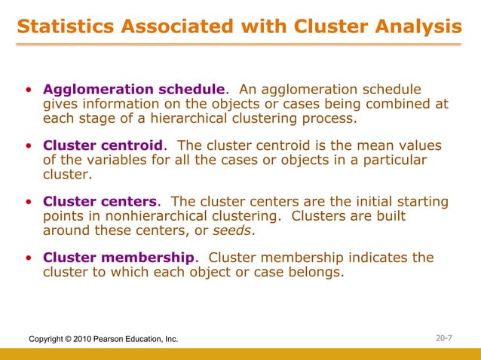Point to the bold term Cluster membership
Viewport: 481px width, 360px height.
pyautogui.click(x=119, y=258)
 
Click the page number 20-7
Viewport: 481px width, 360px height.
pyautogui.click(x=446, y=339)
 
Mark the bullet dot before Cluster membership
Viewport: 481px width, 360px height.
pyautogui.click(x=28, y=259)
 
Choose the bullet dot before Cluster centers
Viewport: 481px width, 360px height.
pyautogui.click(x=28, y=203)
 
